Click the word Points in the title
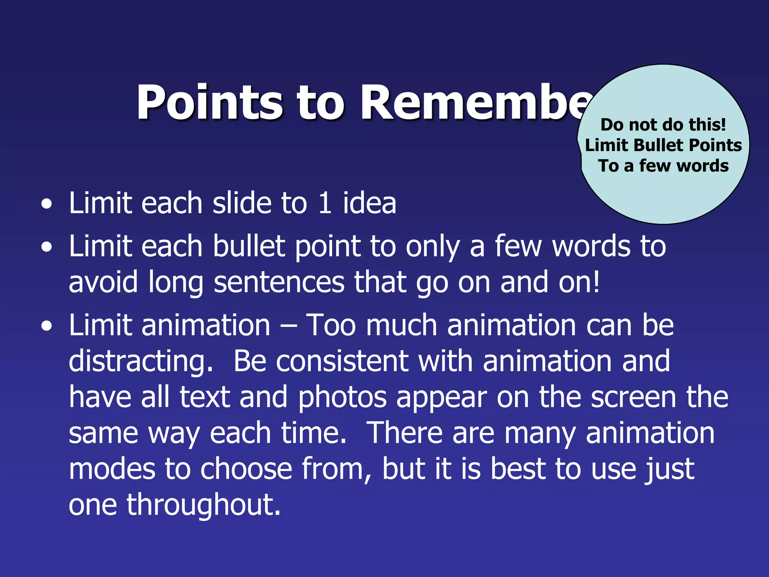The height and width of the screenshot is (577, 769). click(x=210, y=102)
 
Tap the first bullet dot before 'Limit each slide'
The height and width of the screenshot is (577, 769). click(x=47, y=205)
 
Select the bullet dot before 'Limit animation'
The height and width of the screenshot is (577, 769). click(x=47, y=326)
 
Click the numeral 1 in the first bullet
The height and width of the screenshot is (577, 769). click(x=325, y=203)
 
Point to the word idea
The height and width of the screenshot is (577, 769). click(x=369, y=203)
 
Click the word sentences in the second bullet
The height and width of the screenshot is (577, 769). click(x=279, y=282)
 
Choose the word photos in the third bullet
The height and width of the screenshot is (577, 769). click(x=342, y=397)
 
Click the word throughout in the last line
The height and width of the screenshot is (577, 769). click(x=204, y=505)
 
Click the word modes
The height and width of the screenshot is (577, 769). click(x=112, y=469)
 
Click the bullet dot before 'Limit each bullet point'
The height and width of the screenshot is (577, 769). click(x=47, y=248)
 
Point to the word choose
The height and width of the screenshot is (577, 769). click(x=246, y=469)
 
